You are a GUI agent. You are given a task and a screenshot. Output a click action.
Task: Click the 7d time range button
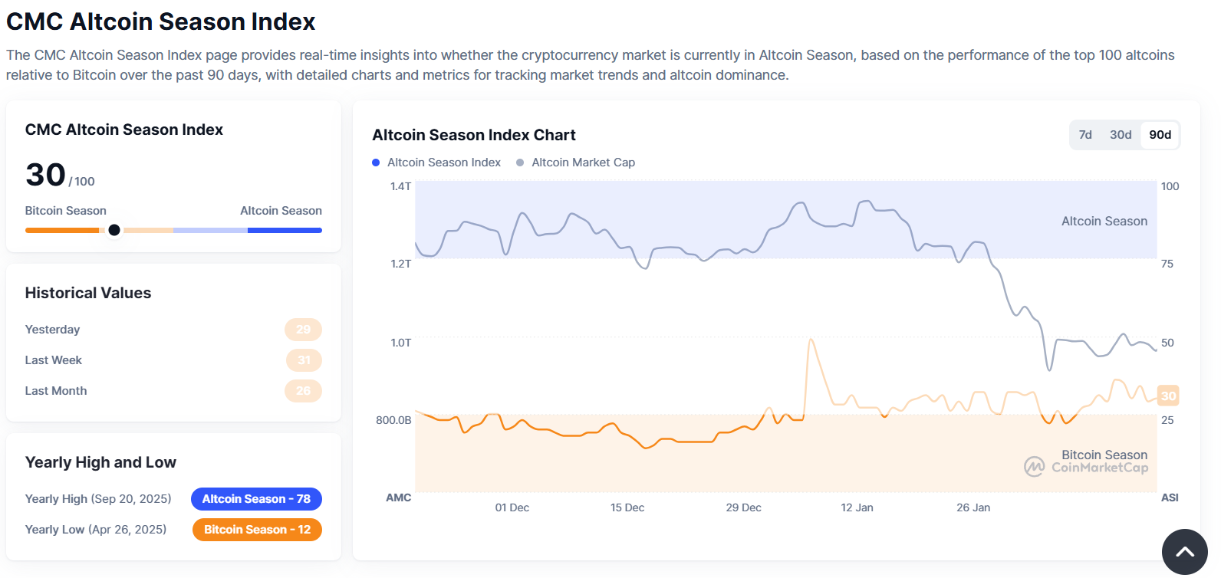point(1085,135)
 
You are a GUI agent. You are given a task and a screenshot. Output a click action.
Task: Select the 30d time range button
point(1121,135)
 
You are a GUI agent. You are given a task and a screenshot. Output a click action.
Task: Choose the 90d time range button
point(1160,135)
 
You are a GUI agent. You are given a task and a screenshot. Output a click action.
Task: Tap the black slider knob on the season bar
point(114,230)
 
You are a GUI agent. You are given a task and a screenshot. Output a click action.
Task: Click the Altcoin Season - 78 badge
point(256,499)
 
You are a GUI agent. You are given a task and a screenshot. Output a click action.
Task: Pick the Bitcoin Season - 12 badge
point(257,530)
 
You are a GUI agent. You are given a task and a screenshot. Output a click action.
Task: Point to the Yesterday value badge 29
point(303,330)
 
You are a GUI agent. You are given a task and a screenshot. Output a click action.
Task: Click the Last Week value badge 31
point(304,360)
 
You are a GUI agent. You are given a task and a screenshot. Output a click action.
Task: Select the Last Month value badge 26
point(303,391)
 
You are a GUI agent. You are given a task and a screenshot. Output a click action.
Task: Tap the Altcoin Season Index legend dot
point(376,163)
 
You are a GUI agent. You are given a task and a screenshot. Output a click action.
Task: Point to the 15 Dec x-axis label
point(627,507)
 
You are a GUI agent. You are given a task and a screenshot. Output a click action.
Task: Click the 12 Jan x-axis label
point(857,507)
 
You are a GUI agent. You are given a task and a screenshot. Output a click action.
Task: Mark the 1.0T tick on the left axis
point(400,343)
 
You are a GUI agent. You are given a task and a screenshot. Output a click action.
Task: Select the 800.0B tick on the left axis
point(393,420)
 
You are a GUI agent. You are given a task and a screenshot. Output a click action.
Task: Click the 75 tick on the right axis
point(1167,264)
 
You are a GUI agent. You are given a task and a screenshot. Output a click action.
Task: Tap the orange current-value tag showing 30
point(1168,396)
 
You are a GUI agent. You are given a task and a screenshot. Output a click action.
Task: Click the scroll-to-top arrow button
point(1185,552)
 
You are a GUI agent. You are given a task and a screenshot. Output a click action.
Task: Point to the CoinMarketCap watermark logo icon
point(1035,466)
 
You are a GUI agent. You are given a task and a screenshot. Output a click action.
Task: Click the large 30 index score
point(46,175)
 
